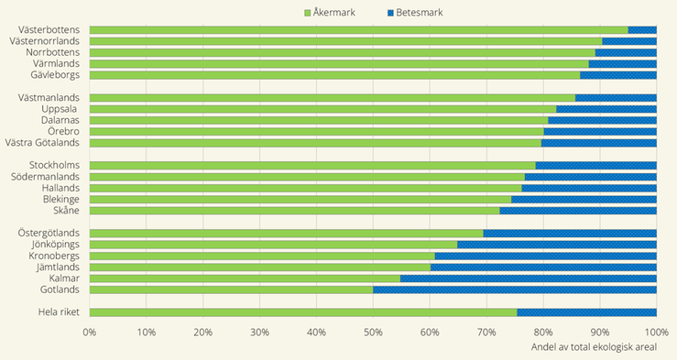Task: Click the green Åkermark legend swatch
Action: coord(308,13)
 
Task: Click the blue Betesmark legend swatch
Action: coord(390,13)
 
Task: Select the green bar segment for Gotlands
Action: coord(232,289)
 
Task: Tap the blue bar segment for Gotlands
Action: coord(515,289)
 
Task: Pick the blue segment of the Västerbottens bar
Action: coord(642,30)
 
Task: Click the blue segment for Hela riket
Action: coord(586,312)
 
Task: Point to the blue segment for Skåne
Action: coord(578,211)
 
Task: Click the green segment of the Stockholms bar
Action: coord(312,166)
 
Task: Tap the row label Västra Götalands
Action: coord(43,143)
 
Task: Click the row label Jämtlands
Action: coord(56,267)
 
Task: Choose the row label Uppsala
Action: coord(60,109)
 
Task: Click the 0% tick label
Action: coord(90,332)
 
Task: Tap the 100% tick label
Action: coord(654,332)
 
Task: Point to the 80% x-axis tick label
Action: coord(543,332)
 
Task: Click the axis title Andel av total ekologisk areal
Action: coord(600,347)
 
